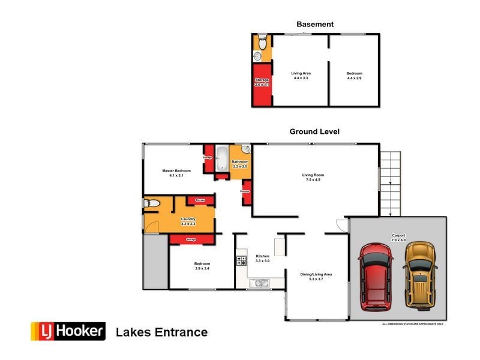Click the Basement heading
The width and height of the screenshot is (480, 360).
(x=315, y=25)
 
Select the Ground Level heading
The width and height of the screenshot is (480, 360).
(x=315, y=131)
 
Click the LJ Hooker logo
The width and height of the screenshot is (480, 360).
(x=68, y=331)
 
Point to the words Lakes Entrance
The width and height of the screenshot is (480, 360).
(x=161, y=332)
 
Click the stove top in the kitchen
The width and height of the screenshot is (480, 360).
(x=241, y=261)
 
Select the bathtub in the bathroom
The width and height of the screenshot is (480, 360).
(x=221, y=158)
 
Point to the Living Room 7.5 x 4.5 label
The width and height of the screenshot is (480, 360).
(x=315, y=178)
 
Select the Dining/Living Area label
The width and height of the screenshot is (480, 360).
(x=316, y=277)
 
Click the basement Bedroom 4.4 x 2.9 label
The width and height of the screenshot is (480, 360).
(x=354, y=76)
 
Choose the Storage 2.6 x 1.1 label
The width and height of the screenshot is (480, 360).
(x=262, y=82)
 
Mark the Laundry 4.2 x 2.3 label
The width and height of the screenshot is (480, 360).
(x=188, y=221)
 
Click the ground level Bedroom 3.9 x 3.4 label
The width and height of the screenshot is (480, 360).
(x=202, y=266)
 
